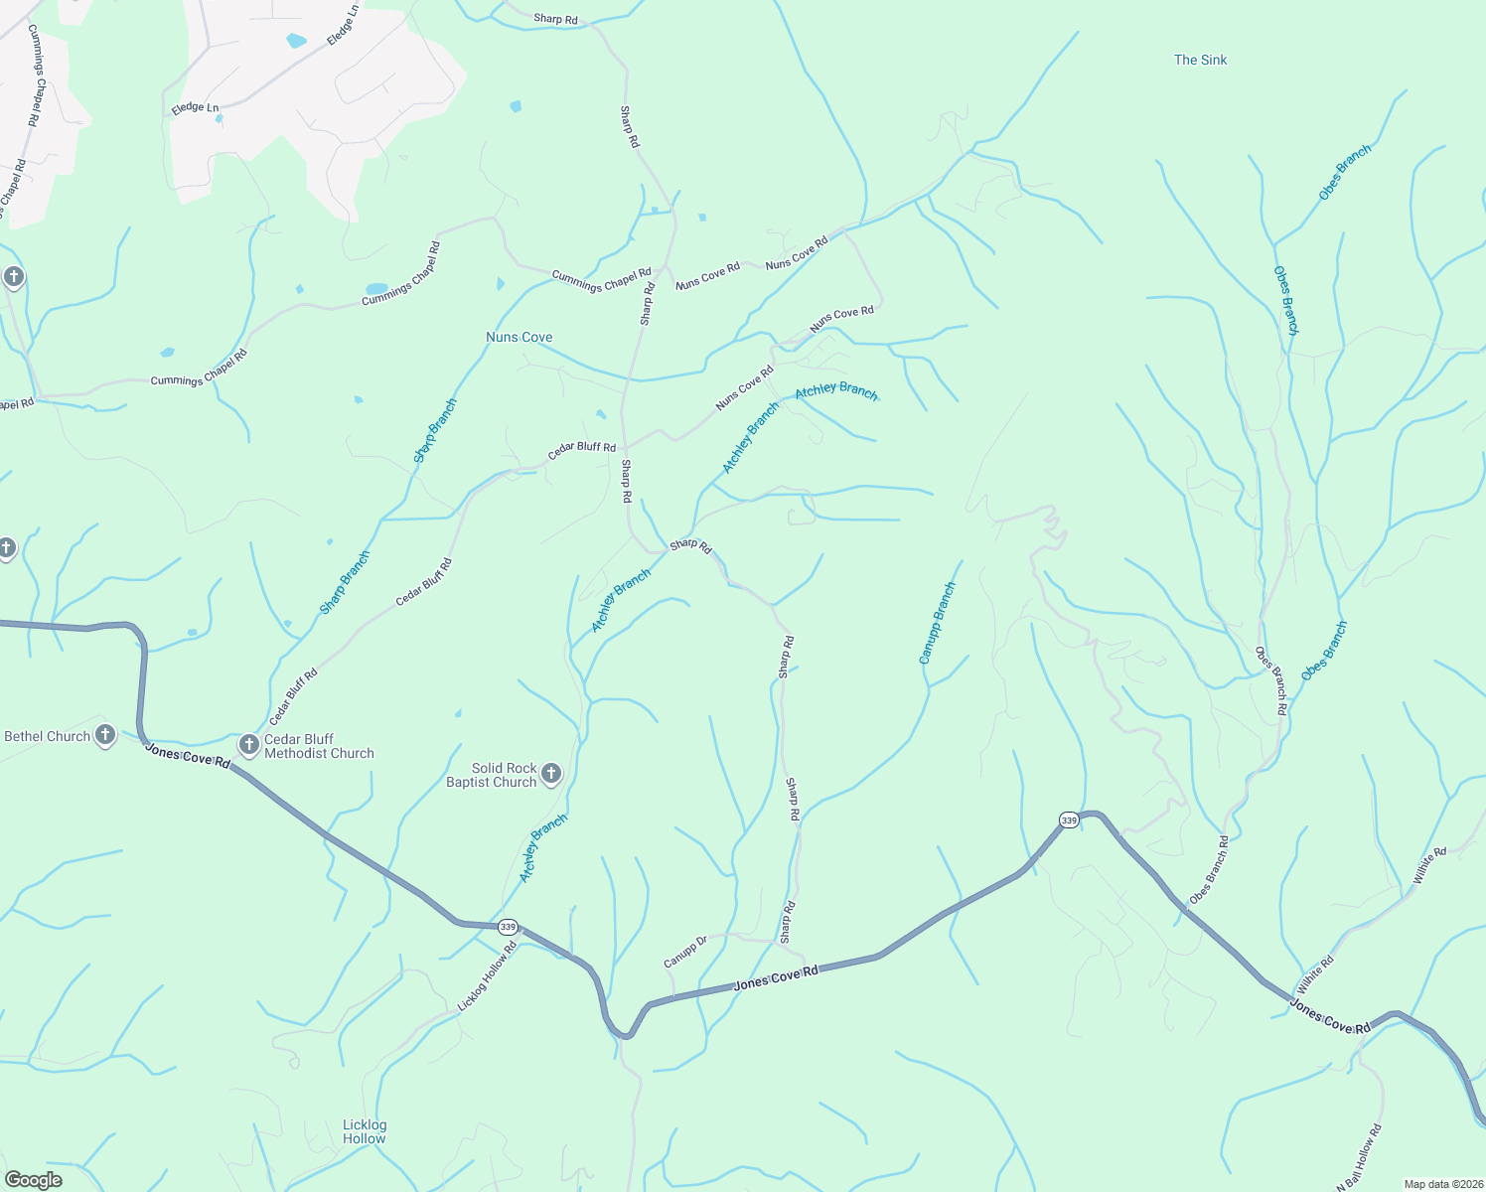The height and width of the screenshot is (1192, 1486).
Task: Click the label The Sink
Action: [x=1200, y=60]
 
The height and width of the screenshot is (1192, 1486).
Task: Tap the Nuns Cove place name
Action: [x=519, y=337]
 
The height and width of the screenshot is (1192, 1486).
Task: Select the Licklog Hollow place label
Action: [x=364, y=1131]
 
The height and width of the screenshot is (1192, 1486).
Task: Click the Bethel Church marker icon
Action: [x=105, y=736]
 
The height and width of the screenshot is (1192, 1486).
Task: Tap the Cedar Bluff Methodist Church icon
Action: [x=248, y=744]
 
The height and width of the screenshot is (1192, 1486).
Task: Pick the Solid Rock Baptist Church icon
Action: [x=551, y=774]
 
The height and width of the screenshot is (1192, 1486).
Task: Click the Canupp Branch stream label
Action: [x=937, y=624]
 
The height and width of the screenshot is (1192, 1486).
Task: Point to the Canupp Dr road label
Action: [x=684, y=952]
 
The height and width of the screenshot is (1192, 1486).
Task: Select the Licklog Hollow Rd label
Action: [x=487, y=977]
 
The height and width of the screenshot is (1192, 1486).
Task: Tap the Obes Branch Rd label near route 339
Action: [x=1209, y=870]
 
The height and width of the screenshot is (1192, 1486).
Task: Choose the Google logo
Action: [x=33, y=1180]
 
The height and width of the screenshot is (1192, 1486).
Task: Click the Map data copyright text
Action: [x=1442, y=1184]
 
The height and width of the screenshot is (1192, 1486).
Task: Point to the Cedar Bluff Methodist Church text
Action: [x=319, y=746]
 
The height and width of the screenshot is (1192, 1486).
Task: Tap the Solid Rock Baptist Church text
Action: [x=491, y=775]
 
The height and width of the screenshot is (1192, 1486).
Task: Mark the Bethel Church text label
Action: [x=47, y=736]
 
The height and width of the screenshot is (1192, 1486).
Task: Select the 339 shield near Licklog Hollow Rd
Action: [x=508, y=927]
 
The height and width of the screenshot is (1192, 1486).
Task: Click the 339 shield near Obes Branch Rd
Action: [x=1068, y=819]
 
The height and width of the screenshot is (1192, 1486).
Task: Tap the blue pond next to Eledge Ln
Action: [x=296, y=41]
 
